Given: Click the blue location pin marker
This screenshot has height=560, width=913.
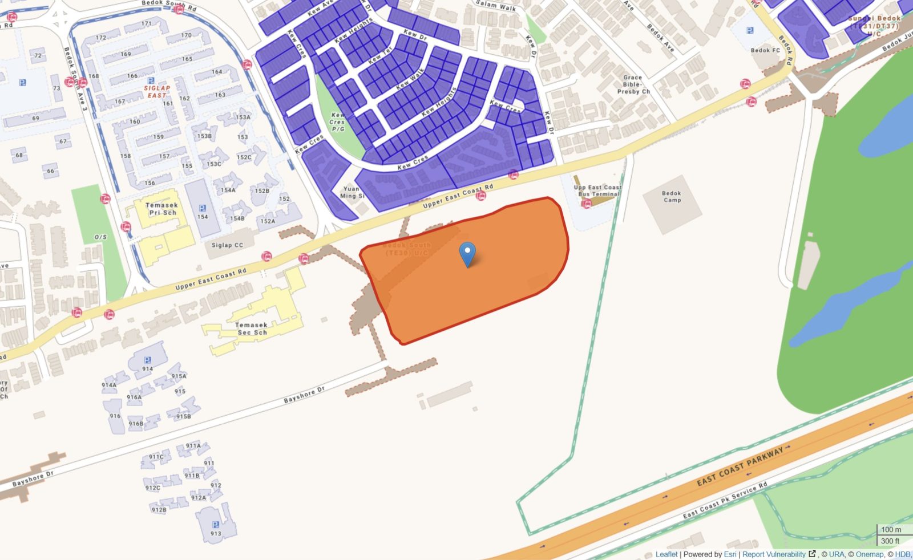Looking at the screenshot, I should pos(467,254).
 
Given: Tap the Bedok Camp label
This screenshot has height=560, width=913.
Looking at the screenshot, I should pos(672,197).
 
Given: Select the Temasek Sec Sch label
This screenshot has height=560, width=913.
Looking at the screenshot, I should pos(252,328).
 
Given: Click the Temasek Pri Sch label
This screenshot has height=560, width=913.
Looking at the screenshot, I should pos(162,209).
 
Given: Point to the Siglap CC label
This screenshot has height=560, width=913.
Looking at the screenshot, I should pos(227,245).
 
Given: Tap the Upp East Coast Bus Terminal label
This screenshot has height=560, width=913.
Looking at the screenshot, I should pos(597,190).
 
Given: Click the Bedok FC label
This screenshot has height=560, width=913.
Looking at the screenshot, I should pos(765,50).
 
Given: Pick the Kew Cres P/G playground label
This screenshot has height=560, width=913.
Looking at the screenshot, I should pos(337,122).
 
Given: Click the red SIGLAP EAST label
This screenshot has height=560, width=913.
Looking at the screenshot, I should pos(157,91).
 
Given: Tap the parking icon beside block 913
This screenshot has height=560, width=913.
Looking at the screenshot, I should pos(215,525).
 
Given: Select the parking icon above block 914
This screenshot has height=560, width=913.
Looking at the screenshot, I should pos(148,360).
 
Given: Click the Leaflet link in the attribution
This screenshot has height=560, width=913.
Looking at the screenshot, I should pos(666,554).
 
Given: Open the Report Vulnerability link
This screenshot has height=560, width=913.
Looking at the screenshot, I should pos(774,554).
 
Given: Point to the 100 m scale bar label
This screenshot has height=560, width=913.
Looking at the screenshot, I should pos(891,530).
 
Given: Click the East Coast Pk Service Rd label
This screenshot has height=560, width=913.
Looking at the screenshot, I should pos(725,500).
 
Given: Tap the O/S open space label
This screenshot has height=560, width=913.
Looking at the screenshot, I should pos(101,237).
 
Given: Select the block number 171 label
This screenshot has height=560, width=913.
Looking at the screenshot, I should pos(147,24).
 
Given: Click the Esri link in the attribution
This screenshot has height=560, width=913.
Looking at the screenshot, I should pos(730,554).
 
